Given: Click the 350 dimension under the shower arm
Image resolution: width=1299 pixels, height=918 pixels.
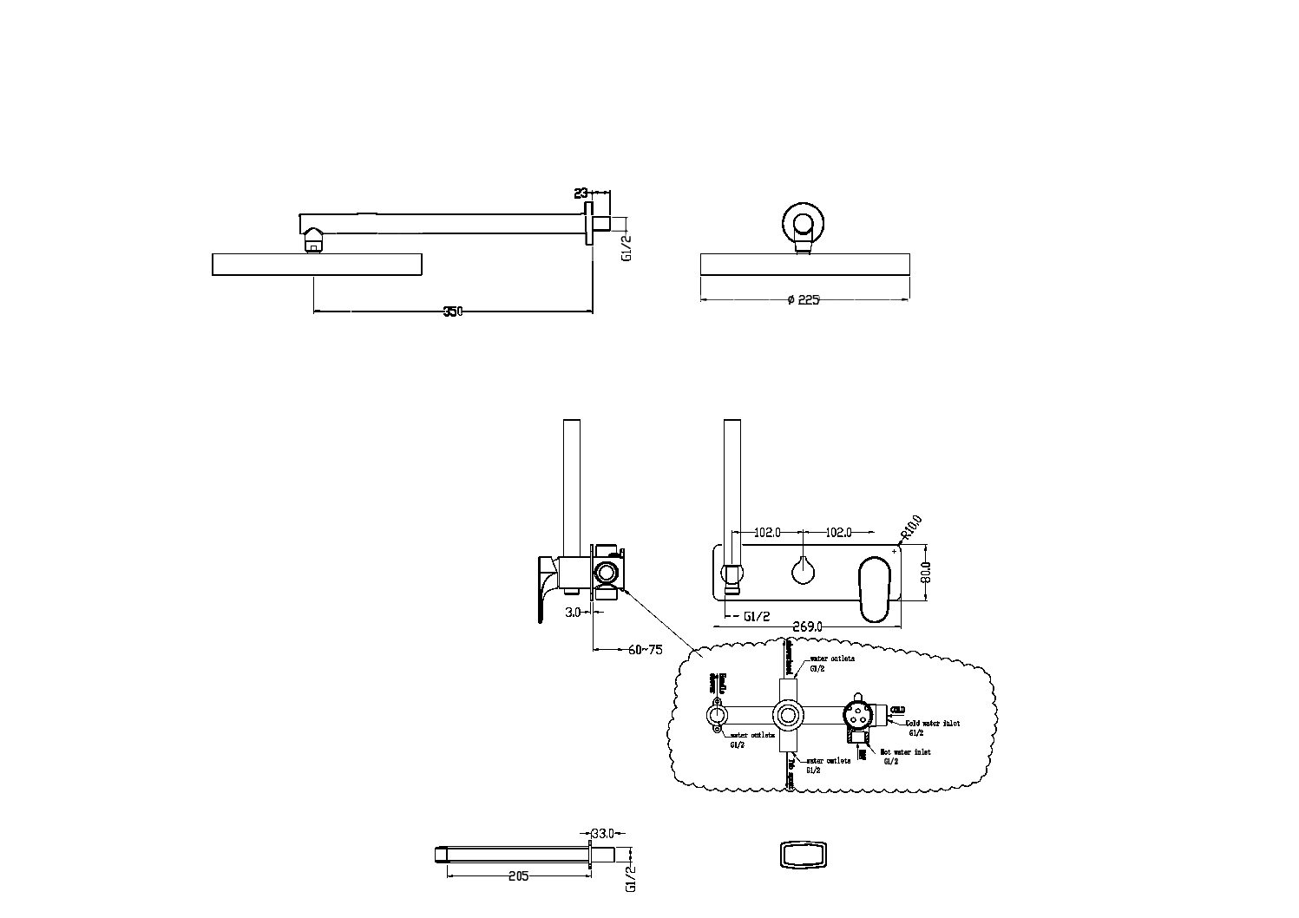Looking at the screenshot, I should [x=453, y=311].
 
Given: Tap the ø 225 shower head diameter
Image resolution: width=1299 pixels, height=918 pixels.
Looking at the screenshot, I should [x=804, y=300].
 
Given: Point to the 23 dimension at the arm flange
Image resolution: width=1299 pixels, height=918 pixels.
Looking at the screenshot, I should [x=581, y=193].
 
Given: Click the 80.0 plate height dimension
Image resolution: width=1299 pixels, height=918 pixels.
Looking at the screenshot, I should [x=926, y=572].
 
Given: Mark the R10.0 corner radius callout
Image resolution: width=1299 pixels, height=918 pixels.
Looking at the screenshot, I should [x=911, y=527].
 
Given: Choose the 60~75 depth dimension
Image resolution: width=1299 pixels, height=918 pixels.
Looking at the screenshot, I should [x=645, y=649].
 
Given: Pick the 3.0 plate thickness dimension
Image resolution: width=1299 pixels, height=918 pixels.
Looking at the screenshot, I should [x=572, y=613].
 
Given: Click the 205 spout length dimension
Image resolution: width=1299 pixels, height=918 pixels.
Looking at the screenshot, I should [x=517, y=876].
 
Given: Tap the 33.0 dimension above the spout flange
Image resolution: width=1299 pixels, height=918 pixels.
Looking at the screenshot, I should [x=602, y=831].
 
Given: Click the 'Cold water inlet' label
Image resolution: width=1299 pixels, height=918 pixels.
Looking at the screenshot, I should [x=933, y=722].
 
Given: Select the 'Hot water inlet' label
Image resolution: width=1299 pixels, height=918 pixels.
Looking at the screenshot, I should [x=905, y=752].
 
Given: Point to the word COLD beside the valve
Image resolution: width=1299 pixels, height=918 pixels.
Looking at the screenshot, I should [x=898, y=710].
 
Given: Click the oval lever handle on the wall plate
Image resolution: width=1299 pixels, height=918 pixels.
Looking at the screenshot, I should [x=877, y=590].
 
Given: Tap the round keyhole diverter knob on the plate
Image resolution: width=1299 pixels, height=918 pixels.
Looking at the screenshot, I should [x=804, y=571].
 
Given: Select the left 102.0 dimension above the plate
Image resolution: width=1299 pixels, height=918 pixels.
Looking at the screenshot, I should [x=767, y=532].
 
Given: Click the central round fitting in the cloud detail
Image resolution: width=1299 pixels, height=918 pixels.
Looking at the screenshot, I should [x=788, y=716].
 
